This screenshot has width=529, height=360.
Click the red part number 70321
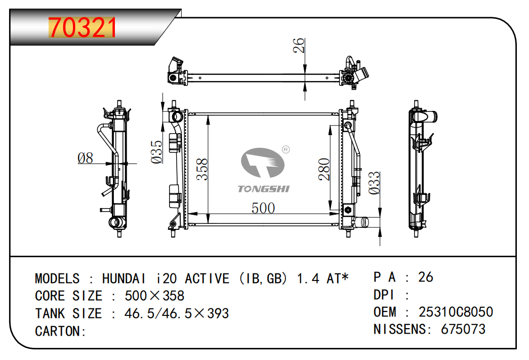(x=83, y=27)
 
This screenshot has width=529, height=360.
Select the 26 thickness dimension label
(x=299, y=46)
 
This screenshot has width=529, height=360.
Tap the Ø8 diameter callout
(x=86, y=158)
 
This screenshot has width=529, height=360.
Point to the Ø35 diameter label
(x=157, y=152)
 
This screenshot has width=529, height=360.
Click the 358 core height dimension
(x=202, y=170)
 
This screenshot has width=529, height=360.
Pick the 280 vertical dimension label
(x=324, y=170)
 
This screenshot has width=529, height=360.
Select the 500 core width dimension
(x=263, y=208)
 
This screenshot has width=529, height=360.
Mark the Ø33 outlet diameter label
(x=374, y=183)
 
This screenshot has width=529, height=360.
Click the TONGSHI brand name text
(x=264, y=188)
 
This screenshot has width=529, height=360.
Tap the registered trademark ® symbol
(x=286, y=149)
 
